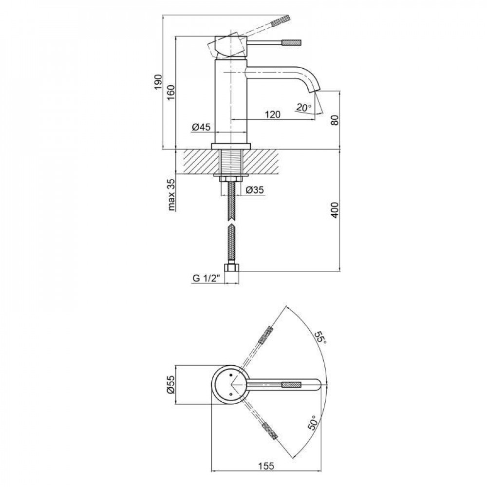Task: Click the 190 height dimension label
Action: pyautogui.click(x=158, y=82)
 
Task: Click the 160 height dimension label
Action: pyautogui.click(x=171, y=93)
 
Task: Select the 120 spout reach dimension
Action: pyautogui.click(x=273, y=114)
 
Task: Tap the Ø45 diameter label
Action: pyautogui.click(x=201, y=127)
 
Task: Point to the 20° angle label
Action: pyautogui.click(x=303, y=108)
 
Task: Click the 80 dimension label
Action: pyautogui.click(x=335, y=120)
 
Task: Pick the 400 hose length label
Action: pyautogui.click(x=335, y=210)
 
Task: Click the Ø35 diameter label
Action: pyautogui.click(x=255, y=189)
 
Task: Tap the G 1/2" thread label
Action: pyautogui.click(x=206, y=278)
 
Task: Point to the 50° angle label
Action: pyautogui.click(x=313, y=422)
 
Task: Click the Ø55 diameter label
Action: pyautogui.click(x=171, y=385)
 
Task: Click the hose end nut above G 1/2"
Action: pyautogui.click(x=232, y=268)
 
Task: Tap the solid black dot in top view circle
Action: pyautogui.click(x=230, y=375)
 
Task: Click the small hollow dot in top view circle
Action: pyautogui.click(x=230, y=395)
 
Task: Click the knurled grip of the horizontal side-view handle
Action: pyautogui.click(x=292, y=42)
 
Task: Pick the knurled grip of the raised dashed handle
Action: pyautogui.click(x=281, y=20)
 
